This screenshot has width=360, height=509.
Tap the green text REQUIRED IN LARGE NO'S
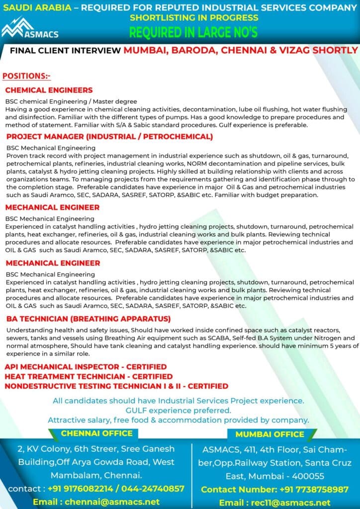point(193,33)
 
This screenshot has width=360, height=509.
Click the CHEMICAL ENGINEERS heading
point(49,90)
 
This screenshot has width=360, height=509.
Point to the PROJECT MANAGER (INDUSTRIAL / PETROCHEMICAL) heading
point(109,136)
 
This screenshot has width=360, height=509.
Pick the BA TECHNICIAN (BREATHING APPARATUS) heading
point(89,319)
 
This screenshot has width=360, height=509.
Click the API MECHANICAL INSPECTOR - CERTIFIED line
point(82,367)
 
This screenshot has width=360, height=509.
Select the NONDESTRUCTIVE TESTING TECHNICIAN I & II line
point(116,386)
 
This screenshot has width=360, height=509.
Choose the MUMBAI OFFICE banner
point(270,434)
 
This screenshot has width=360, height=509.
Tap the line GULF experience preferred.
point(179,410)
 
